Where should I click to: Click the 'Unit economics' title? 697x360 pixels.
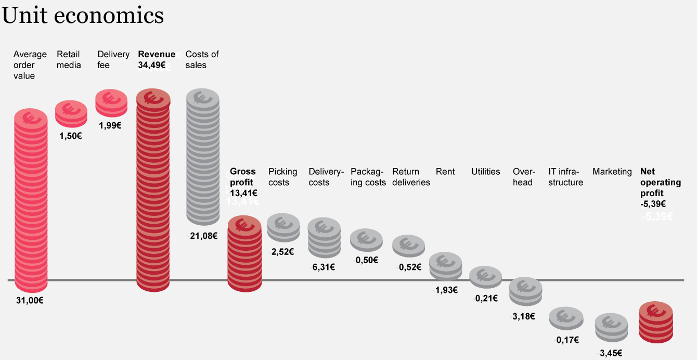click(83, 16)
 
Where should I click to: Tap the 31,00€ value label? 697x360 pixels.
click(30, 300)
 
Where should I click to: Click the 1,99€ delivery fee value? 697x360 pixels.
click(110, 125)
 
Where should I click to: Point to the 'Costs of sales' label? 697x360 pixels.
click(202, 60)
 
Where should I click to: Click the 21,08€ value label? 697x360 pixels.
click(203, 236)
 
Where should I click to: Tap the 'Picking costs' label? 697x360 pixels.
click(282, 177)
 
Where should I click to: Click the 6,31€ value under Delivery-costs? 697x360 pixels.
click(323, 267)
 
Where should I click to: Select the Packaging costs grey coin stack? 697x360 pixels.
click(367, 241)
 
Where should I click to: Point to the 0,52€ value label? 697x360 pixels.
click(410, 267)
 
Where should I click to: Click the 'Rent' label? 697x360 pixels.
click(445, 172)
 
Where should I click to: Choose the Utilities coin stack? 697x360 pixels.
click(486, 277)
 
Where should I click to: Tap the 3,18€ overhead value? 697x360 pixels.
click(523, 316)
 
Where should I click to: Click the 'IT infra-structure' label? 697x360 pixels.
click(565, 177)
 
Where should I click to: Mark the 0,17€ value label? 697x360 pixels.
click(567, 340)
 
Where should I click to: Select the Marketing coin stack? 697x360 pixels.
click(612, 328)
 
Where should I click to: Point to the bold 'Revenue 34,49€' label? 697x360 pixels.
click(156, 60)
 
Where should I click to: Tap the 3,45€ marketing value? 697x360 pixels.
click(611, 353)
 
